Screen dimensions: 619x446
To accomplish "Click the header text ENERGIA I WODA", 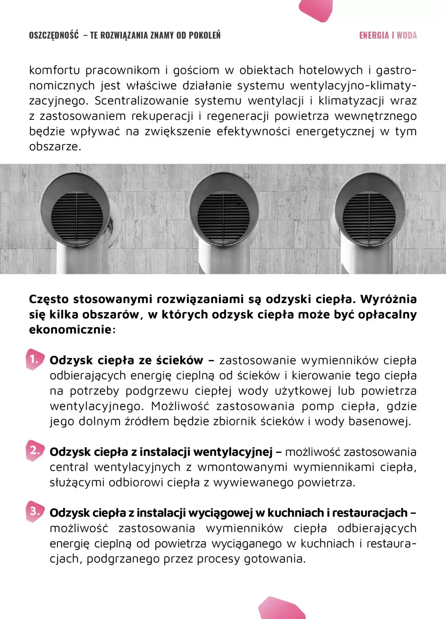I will coord(388,35).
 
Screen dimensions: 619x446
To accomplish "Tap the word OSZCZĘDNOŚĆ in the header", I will coord(54,35).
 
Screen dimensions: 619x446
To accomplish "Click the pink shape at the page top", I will coord(316,9).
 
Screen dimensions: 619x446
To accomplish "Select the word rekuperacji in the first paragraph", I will coord(162,116).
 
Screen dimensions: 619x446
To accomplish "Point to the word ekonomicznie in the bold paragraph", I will coord(70,330).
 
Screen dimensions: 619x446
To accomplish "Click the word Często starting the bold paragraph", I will coord(49,299).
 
